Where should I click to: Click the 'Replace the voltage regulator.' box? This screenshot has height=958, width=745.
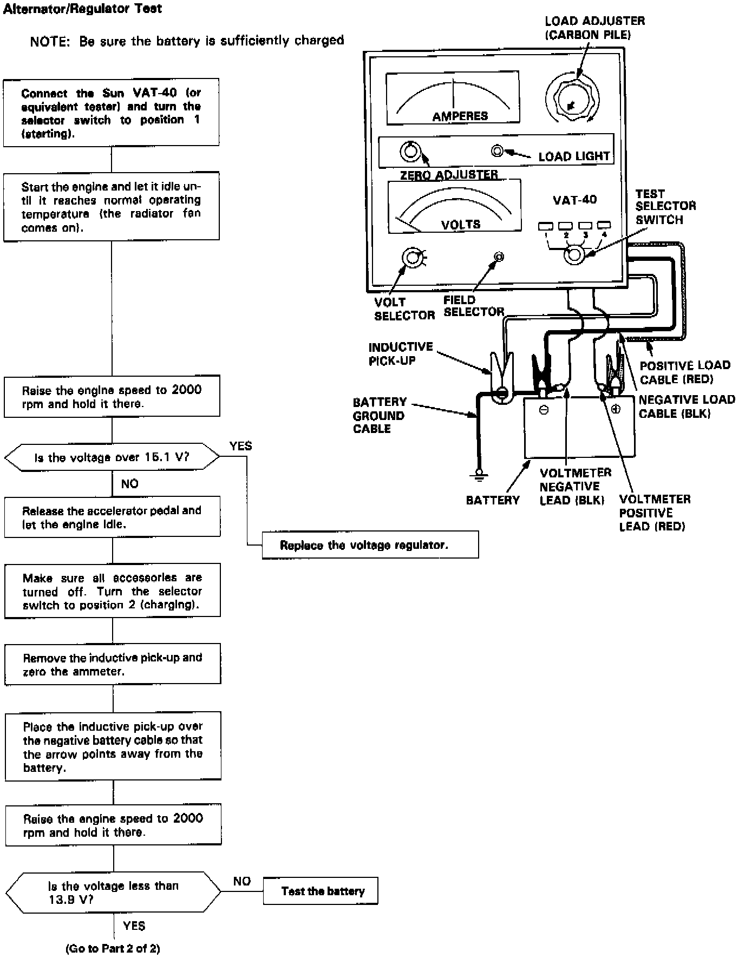pos(370,544)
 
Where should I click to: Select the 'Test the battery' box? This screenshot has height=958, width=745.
pos(321,891)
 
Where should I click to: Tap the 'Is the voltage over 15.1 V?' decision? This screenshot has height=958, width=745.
pos(112,457)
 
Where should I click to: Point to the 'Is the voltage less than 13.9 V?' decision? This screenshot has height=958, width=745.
pos(113,893)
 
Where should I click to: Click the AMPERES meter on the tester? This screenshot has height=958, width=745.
pos(453,98)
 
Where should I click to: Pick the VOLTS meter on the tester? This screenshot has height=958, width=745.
pos(454,206)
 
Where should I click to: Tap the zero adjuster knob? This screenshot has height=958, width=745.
pos(410,151)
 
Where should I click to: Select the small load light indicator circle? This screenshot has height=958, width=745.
pos(497,150)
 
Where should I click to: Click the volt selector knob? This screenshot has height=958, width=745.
pos(413,258)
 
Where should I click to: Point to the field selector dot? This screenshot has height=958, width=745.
pos(499,257)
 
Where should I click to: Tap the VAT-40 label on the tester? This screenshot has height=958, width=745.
pos(574,200)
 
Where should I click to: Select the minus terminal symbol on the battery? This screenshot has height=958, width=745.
pos(544,410)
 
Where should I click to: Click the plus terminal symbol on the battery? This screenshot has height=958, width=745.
pos(616,409)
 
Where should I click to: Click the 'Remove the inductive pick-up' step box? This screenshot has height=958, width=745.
pos(113,664)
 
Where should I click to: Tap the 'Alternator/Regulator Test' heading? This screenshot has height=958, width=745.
pos(82,9)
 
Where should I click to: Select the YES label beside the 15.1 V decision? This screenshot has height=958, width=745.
pos(240,446)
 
